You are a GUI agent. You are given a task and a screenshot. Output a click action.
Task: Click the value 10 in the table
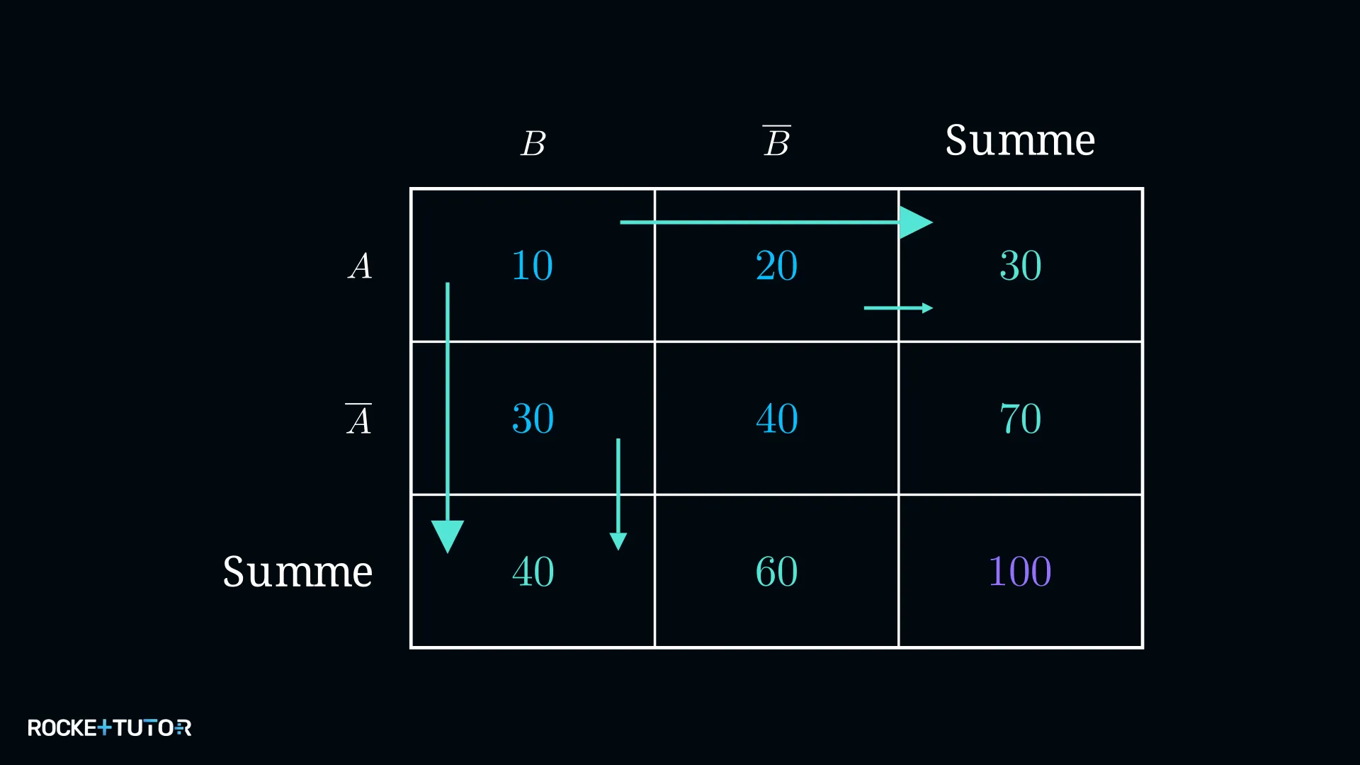tap(532, 266)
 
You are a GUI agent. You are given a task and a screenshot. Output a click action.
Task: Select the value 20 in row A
tap(776, 266)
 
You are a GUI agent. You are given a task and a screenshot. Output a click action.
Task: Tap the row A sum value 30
tap(1021, 266)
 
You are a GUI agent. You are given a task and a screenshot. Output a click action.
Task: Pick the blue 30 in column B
tap(533, 419)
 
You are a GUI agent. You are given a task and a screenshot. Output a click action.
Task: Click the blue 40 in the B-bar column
tap(777, 419)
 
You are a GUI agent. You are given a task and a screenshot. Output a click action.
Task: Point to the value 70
tap(1021, 419)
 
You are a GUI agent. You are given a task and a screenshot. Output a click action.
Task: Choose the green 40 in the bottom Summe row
tap(533, 572)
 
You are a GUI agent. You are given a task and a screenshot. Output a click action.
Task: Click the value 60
tap(776, 572)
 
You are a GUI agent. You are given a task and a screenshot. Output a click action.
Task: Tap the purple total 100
tap(1020, 572)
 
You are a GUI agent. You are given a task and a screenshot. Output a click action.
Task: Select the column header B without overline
tap(533, 144)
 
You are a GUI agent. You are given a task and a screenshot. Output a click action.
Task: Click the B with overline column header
tap(777, 141)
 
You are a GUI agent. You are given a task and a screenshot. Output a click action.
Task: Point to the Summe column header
tap(1020, 140)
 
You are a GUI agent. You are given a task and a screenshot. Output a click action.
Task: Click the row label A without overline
tap(360, 267)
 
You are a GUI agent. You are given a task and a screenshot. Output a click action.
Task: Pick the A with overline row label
tap(358, 419)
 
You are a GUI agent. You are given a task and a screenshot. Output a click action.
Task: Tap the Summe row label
tap(297, 571)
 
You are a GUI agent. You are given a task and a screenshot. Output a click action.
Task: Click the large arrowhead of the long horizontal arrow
tap(916, 222)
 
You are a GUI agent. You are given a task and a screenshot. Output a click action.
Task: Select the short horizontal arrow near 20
tap(898, 308)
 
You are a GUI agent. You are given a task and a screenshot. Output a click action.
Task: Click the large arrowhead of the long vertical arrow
tap(448, 536)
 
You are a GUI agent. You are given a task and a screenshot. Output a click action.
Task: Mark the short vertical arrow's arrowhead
tap(618, 542)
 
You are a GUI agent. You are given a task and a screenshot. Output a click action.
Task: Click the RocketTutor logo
tap(109, 727)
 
